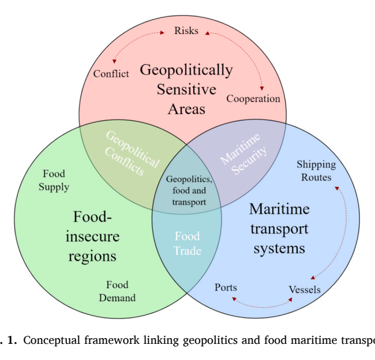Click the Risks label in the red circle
[186, 31]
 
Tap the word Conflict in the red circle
[111, 74]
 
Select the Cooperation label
[253, 99]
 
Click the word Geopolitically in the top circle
[186, 70]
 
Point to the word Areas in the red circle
[186, 109]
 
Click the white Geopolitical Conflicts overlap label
[132, 153]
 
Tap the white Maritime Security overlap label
[243, 153]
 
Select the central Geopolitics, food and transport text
[189, 190]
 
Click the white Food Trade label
[187, 243]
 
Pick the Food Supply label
[54, 181]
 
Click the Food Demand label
[117, 291]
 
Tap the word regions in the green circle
[92, 257]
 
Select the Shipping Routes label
[316, 171]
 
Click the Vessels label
[305, 290]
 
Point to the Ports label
[226, 287]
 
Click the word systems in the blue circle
[279, 249]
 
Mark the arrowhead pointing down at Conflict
[114, 62]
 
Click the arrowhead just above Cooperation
[262, 88]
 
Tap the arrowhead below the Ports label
[234, 299]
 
